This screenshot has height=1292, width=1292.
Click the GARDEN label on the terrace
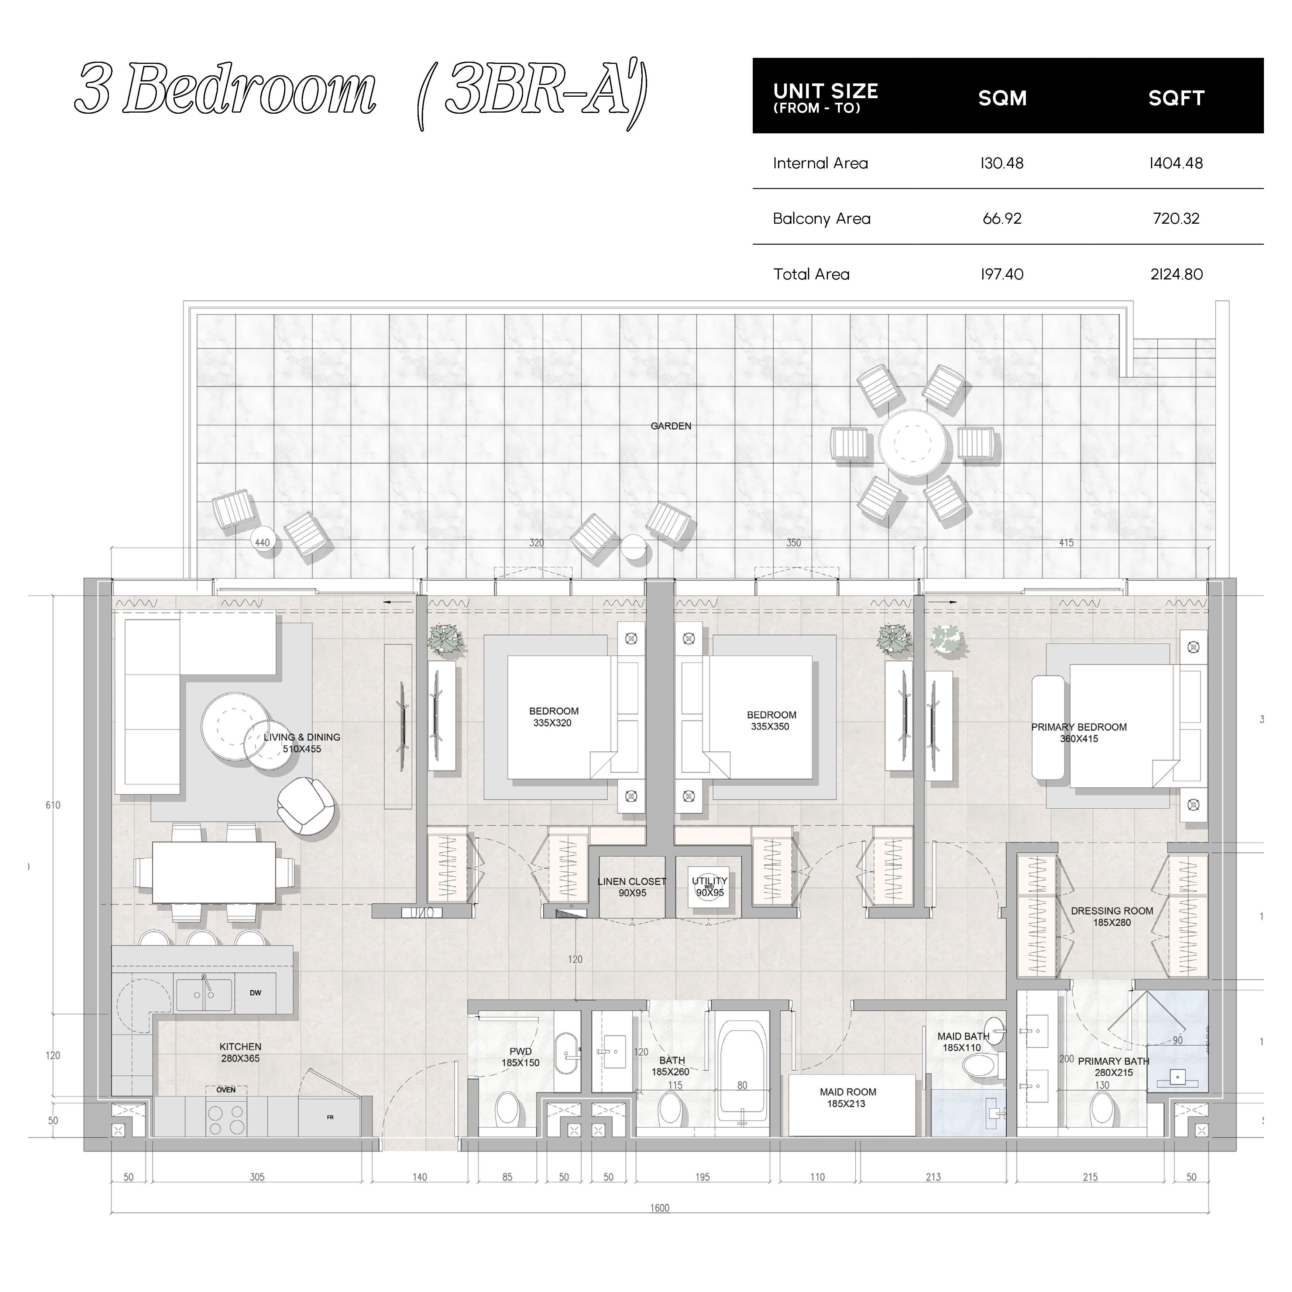[671, 426]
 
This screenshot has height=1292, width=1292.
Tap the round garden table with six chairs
[914, 443]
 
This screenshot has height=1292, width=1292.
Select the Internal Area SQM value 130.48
[1002, 163]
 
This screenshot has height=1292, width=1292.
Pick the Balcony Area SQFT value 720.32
[1176, 219]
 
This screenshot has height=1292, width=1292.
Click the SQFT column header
[1176, 98]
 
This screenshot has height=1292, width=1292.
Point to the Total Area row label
[811, 274]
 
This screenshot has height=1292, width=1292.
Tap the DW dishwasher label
[255, 993]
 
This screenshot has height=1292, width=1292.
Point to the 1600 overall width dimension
[659, 1226]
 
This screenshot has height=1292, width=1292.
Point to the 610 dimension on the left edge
[53, 805]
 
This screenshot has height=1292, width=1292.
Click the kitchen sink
[204, 994]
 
